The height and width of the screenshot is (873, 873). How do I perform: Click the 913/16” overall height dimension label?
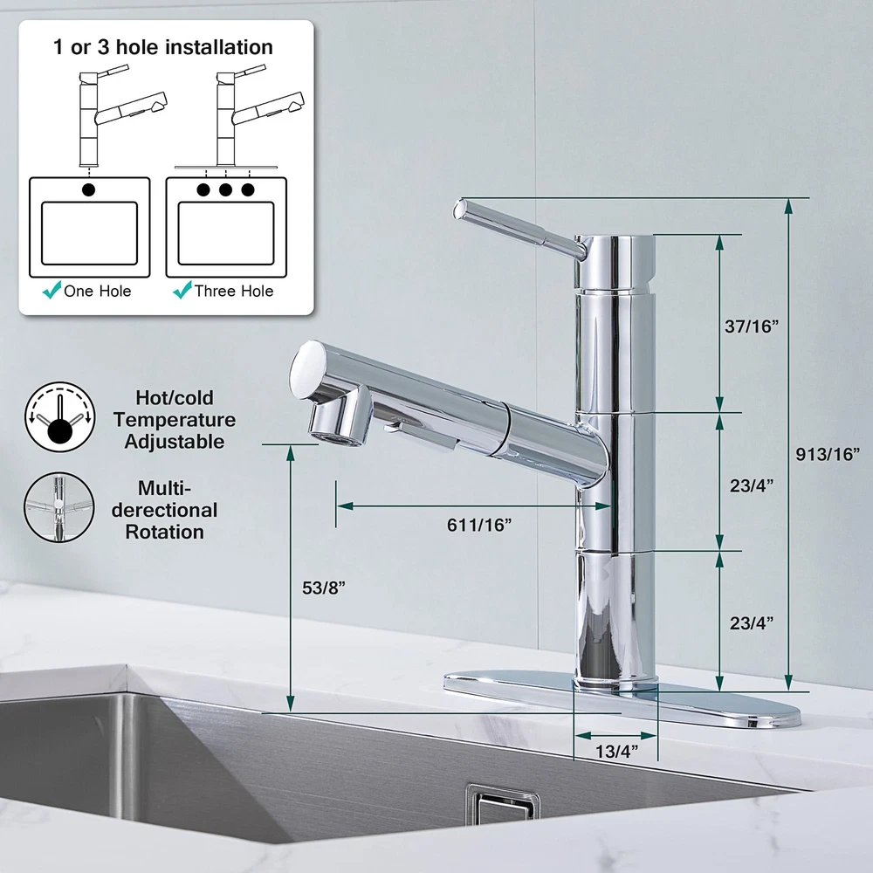pyautogui.click(x=828, y=454)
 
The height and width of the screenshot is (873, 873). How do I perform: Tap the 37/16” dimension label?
pyautogui.click(x=751, y=327)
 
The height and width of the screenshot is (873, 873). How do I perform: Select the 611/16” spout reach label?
pyautogui.click(x=478, y=525)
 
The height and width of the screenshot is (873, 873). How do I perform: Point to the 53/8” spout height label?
pyautogui.click(x=324, y=588)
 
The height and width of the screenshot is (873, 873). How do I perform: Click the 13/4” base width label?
pyautogui.click(x=617, y=751)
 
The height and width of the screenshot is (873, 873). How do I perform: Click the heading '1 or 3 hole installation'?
pyautogui.click(x=163, y=47)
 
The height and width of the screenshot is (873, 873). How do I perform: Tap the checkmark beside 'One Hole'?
pyautogui.click(x=52, y=290)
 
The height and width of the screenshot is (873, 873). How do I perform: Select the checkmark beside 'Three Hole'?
pyautogui.click(x=182, y=290)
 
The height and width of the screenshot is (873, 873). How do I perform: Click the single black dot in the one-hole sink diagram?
pyautogui.click(x=88, y=189)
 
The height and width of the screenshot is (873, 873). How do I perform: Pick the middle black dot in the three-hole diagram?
pyautogui.click(x=225, y=189)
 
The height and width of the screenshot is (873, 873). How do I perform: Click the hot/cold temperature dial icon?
pyautogui.click(x=59, y=416)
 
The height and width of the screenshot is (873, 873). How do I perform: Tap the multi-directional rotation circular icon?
pyautogui.click(x=59, y=507)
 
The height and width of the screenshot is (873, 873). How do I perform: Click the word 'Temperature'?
pyautogui.click(x=175, y=420)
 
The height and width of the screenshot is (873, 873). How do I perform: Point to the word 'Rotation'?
pyautogui.click(x=164, y=532)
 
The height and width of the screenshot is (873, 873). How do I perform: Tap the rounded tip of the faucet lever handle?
pyautogui.click(x=460, y=210)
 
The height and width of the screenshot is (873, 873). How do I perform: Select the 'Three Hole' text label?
pyautogui.click(x=234, y=291)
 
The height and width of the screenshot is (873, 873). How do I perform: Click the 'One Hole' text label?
pyautogui.click(x=98, y=291)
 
